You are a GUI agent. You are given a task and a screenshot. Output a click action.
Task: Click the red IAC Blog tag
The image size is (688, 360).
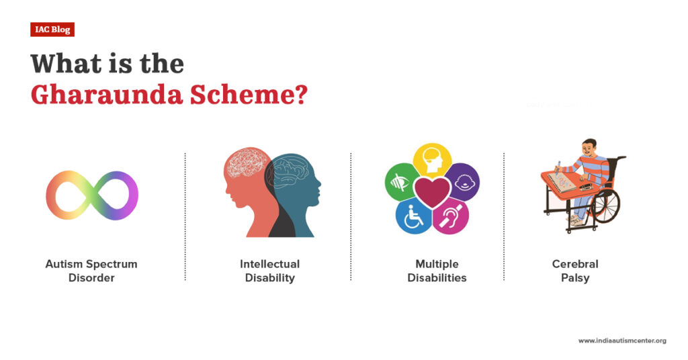52,30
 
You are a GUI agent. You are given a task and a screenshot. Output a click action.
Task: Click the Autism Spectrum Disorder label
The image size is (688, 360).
91,271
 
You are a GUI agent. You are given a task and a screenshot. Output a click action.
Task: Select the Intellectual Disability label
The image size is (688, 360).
269,271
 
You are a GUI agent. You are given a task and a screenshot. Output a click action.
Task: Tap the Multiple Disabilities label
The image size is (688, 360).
437,271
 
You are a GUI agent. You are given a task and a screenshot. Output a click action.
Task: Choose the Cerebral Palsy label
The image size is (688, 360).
575,271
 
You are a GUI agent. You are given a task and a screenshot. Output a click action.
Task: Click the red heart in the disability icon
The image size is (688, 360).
432,192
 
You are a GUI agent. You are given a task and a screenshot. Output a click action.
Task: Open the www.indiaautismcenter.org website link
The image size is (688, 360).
622,341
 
